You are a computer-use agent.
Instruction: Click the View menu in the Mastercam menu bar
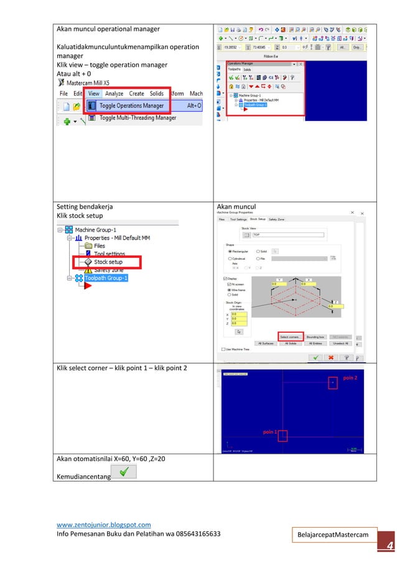coord(94,93)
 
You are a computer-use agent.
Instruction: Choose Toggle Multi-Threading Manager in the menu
coord(138,117)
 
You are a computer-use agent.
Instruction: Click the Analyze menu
coord(114,93)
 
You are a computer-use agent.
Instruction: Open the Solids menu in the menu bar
coord(156,93)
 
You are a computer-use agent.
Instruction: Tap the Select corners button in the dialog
coord(291,336)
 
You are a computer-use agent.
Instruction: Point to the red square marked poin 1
coord(283,436)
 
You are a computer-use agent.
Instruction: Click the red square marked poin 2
coord(333,383)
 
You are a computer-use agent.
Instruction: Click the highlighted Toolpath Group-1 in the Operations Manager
coord(255,105)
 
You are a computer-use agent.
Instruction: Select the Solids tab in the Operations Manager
coord(247,69)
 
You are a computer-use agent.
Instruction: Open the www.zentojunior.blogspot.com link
coord(103,525)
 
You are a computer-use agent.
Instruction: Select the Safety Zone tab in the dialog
coord(277,219)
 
